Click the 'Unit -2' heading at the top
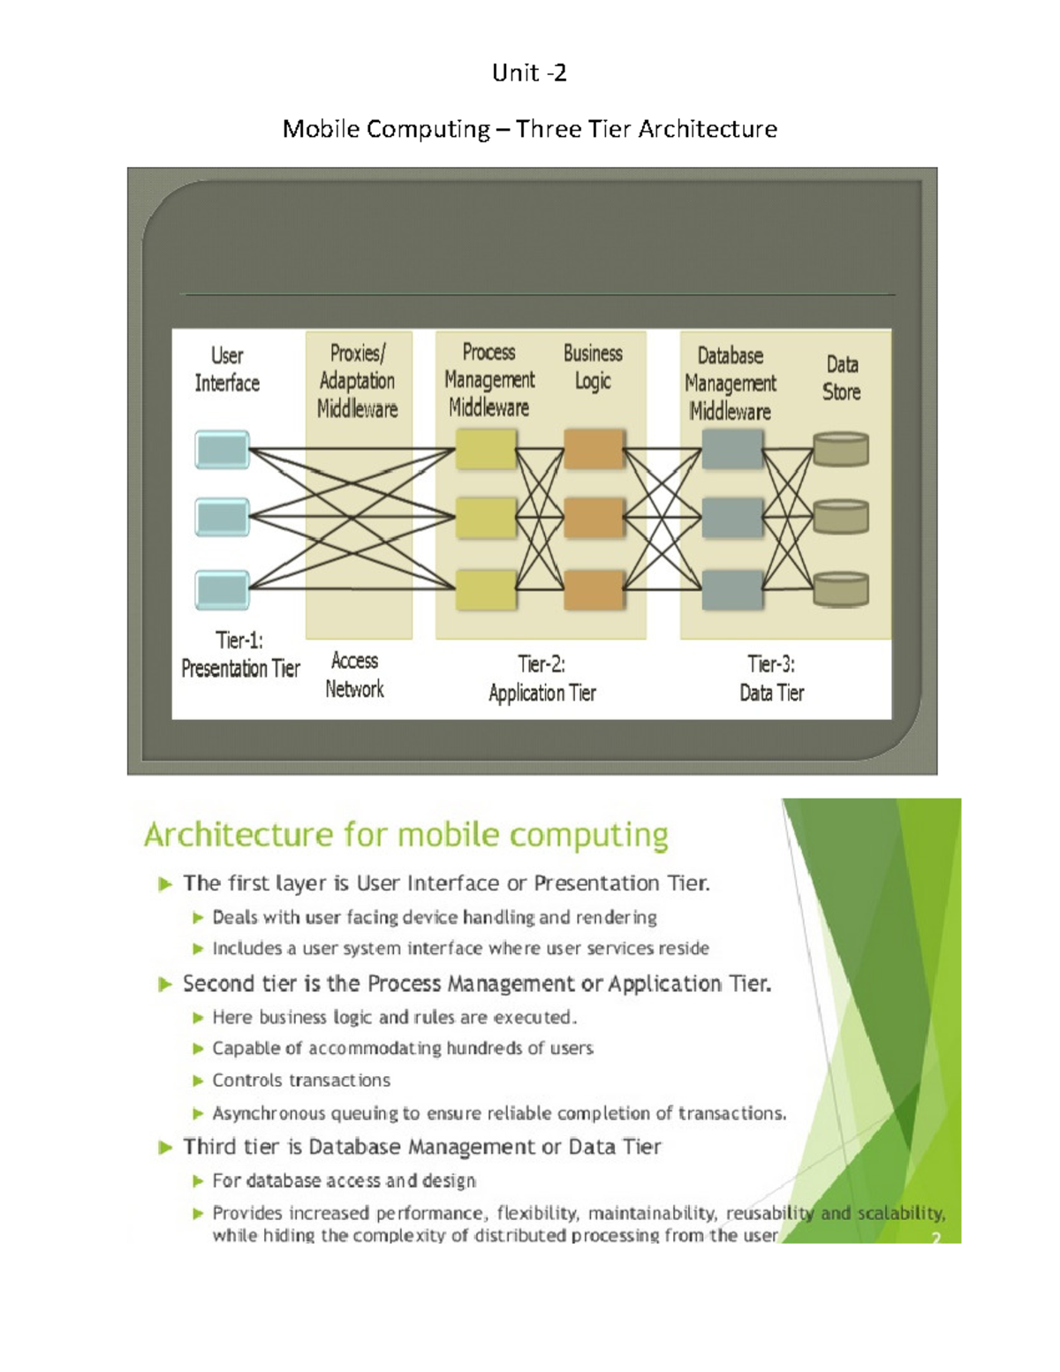coord(529,72)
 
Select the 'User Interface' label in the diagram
coord(227,369)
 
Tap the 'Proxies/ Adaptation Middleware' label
coord(357,381)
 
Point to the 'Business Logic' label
coord(593,367)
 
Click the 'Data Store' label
coord(842,378)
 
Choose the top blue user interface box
coord(222,450)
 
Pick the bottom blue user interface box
coord(222,590)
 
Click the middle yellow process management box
coord(486,518)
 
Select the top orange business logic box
coord(594,449)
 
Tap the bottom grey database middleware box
coord(731,590)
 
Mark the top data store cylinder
coord(841,449)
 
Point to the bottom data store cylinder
coord(841,589)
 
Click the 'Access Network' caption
coord(354,675)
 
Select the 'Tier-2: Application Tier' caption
coord(542,678)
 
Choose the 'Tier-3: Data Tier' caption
coord(771,678)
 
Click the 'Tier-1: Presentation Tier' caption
coord(240,655)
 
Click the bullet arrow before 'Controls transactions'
coord(198,1080)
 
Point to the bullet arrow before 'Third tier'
coord(165,1148)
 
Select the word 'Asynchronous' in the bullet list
coord(270,1114)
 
